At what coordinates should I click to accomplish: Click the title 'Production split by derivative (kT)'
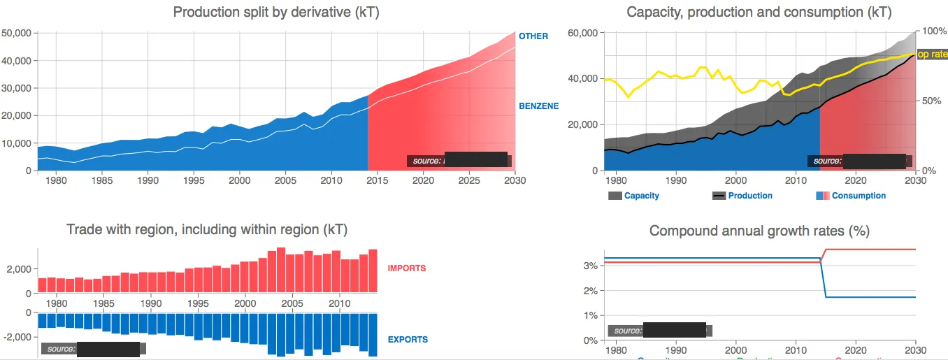point(276,12)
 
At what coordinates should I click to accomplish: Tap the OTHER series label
point(533,36)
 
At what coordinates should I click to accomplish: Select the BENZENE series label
point(538,106)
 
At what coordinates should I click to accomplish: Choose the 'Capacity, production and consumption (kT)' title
point(759,12)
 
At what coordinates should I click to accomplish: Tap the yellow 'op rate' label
point(932,55)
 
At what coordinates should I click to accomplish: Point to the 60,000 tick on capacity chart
point(583,34)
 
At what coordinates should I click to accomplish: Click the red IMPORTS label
point(407,268)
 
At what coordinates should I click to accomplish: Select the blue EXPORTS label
point(408,340)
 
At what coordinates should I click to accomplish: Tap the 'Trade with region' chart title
point(206,230)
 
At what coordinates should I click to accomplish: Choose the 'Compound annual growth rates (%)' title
point(759,231)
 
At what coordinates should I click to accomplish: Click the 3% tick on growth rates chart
point(591,266)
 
